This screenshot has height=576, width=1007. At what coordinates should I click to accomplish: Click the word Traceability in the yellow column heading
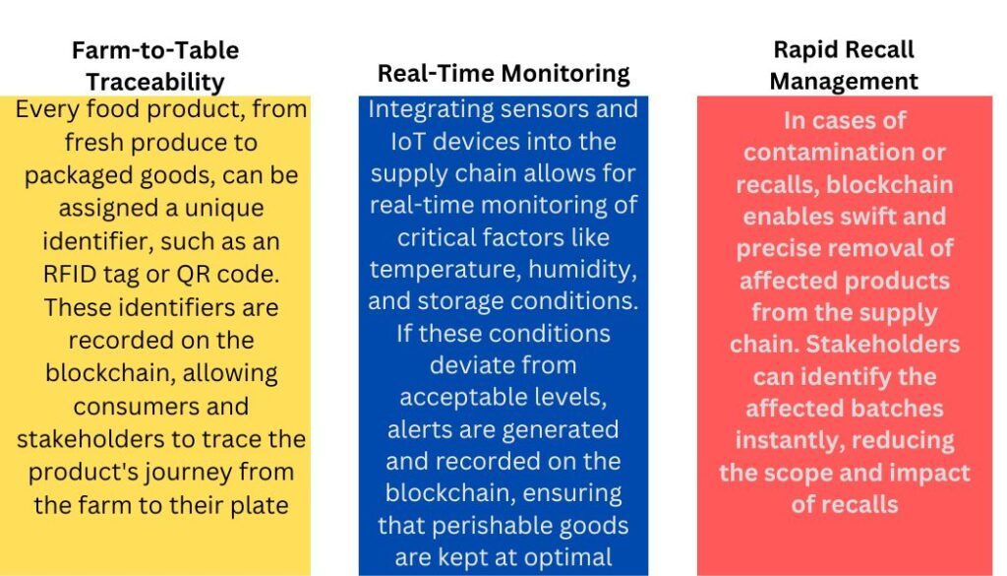point(155,82)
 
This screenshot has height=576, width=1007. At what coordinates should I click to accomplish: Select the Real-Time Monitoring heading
point(503,74)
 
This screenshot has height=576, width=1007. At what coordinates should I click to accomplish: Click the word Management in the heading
point(844,81)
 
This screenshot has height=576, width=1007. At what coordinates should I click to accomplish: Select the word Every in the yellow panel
point(49,109)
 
